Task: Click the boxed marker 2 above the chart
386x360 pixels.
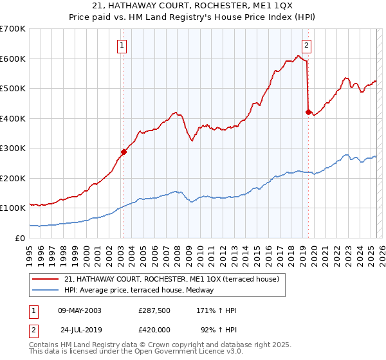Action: point(307,45)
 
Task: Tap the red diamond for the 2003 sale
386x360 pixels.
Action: point(124,152)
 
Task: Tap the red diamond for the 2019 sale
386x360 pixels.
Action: point(308,113)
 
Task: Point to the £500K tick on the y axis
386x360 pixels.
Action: point(13,89)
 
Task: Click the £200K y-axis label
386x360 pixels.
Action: point(13,178)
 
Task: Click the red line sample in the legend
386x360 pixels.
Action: point(46,280)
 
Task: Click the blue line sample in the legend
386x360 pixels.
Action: point(46,290)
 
